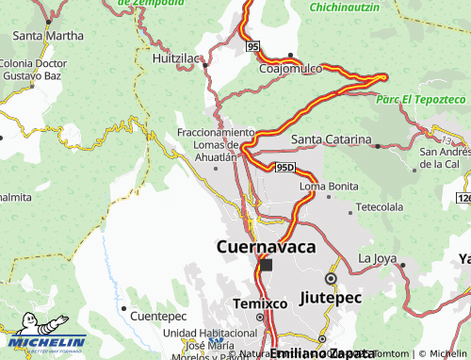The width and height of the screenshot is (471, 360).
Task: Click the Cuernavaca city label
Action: [266, 247]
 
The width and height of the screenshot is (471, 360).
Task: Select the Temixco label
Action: [260, 304]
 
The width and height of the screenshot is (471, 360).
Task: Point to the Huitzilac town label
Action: [177, 58]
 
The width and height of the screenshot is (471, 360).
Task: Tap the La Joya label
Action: [378, 258]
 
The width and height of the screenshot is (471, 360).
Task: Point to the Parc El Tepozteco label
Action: [420, 98]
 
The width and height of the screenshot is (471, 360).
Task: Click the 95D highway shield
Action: [285, 168]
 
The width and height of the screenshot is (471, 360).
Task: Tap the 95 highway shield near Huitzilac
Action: [252, 46]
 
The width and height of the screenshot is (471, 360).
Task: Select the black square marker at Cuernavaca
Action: [266, 266]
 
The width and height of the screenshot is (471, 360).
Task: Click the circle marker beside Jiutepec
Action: [331, 279]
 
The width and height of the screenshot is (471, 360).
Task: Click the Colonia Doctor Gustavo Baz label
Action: [32, 68]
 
